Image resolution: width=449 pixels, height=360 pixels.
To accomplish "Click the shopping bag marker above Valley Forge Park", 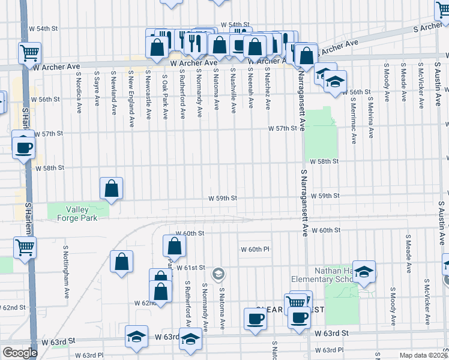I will (112, 188).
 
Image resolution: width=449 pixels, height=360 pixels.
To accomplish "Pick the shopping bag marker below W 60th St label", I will (174, 246).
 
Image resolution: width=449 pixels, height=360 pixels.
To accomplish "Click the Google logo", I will (20, 353).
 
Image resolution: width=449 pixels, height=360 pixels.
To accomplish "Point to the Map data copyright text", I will (424, 355).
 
